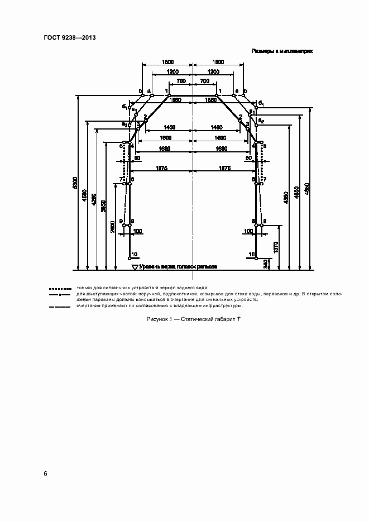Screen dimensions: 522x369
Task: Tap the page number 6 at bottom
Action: (45, 474)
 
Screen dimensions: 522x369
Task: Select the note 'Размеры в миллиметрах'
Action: (282, 51)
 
